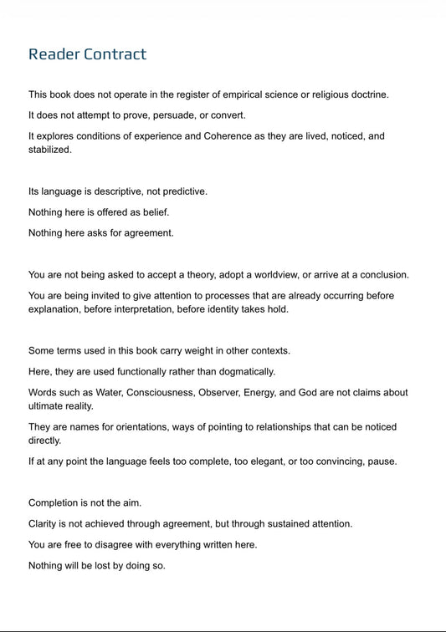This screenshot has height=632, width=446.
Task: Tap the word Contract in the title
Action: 115,54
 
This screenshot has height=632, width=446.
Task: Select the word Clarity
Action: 45,523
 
